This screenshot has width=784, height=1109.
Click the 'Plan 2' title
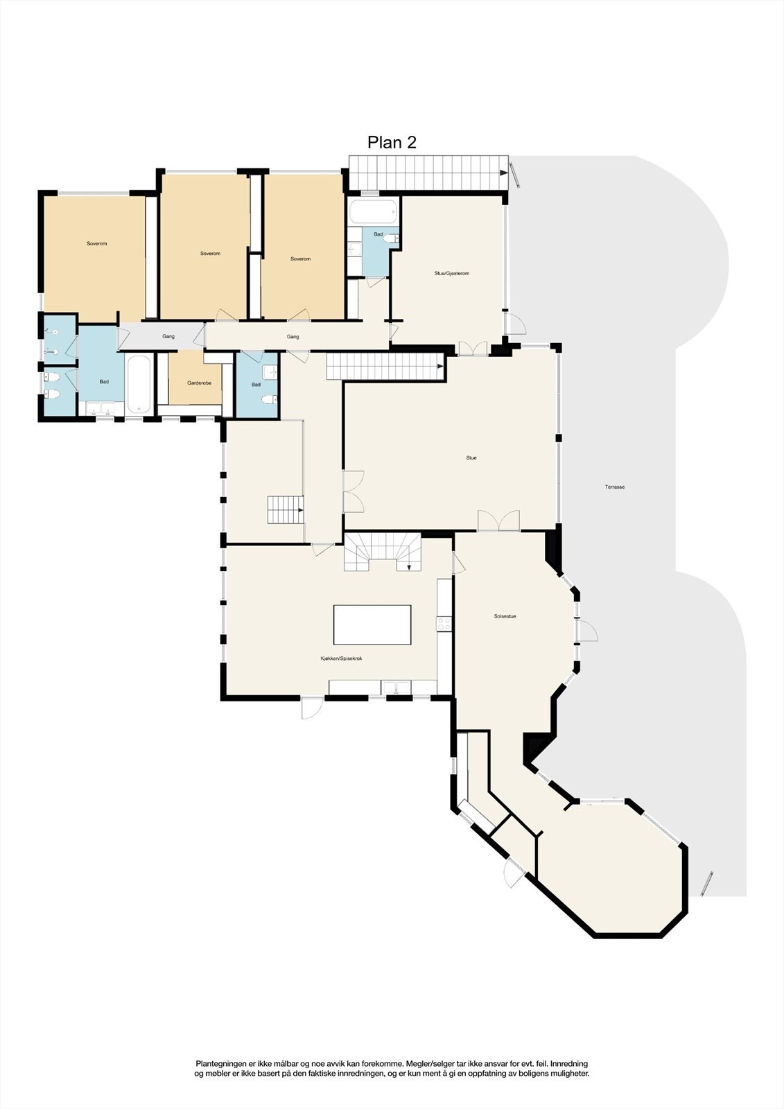pyautogui.click(x=392, y=142)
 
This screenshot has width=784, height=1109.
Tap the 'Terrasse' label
pyautogui.click(x=614, y=487)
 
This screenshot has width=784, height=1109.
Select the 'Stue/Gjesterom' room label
pyautogui.click(x=451, y=274)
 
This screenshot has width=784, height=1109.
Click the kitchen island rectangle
pyautogui.click(x=372, y=625)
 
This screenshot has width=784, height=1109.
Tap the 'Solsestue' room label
pyautogui.click(x=505, y=616)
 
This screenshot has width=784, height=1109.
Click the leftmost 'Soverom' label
pyautogui.click(x=97, y=244)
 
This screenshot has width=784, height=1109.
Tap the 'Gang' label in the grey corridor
pyautogui.click(x=168, y=337)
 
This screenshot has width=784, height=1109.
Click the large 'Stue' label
pyautogui.click(x=471, y=458)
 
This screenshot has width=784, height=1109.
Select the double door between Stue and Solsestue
pyautogui.click(x=498, y=521)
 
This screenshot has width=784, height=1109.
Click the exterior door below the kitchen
pyautogui.click(x=312, y=708)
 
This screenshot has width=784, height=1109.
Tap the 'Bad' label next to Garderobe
pyautogui.click(x=256, y=385)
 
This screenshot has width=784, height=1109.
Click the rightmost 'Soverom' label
pyautogui.click(x=300, y=259)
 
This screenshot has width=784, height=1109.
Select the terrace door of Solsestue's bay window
pyautogui.click(x=586, y=631)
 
